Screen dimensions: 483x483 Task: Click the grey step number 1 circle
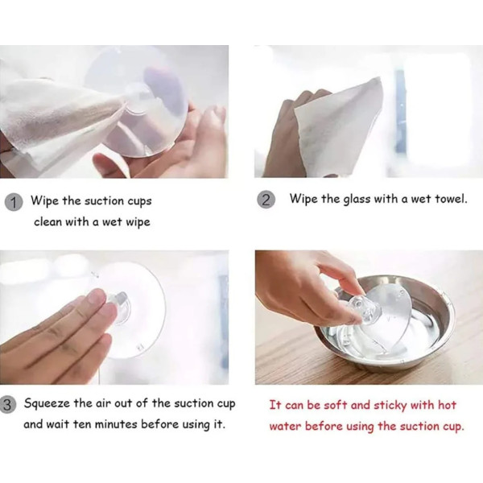point(14,202)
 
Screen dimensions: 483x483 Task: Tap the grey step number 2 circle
point(266,200)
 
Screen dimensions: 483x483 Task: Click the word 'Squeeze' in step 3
point(47,403)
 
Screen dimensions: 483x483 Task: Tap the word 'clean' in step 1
point(48,221)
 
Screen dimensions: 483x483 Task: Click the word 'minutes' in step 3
point(116,424)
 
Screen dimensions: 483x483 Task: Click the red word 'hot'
point(447,405)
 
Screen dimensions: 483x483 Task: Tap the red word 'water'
point(285,427)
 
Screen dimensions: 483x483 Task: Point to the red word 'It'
point(275,405)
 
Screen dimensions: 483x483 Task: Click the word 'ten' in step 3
point(83,424)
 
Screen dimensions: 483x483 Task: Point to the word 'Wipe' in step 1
point(44,200)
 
